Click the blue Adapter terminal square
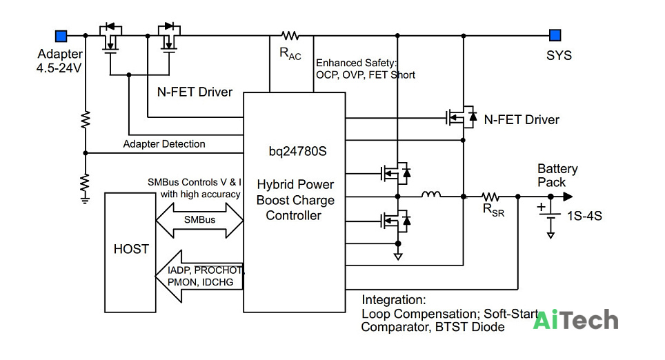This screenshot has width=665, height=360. (61, 36)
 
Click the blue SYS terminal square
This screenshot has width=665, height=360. (555, 35)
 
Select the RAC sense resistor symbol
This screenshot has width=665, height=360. (290, 36)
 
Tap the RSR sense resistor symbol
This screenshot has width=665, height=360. (490, 197)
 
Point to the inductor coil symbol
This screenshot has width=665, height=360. (431, 194)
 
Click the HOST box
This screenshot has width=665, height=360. (130, 252)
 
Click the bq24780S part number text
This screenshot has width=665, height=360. (298, 151)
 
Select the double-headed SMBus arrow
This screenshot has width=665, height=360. (200, 220)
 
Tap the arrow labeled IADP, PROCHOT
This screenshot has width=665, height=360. (199, 277)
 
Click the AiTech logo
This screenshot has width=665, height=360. (575, 320)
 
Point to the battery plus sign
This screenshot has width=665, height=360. (541, 208)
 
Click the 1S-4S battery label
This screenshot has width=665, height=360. (584, 216)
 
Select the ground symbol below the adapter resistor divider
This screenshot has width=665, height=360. (86, 200)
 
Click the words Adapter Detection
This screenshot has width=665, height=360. (164, 144)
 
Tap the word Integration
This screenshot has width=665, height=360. (394, 300)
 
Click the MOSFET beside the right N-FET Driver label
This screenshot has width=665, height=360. (461, 117)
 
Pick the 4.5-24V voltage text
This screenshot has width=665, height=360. (59, 68)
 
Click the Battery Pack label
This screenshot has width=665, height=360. (557, 176)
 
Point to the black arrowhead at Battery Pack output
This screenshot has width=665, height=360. (568, 197)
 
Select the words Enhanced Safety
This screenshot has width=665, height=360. (356, 63)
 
